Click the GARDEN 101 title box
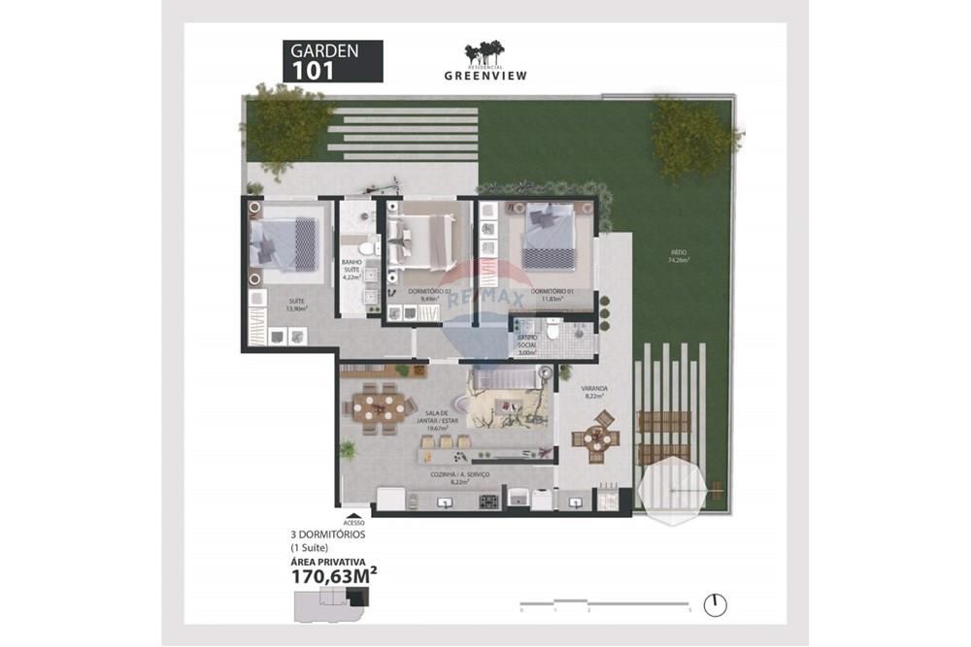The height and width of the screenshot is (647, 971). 331,61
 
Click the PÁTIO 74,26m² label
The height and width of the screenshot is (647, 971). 678,256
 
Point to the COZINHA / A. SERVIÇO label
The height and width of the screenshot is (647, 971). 459,475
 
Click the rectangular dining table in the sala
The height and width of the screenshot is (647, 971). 376,409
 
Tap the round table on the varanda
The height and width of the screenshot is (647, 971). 594,438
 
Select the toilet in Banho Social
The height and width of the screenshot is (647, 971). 552,333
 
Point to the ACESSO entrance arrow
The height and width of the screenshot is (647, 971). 354,517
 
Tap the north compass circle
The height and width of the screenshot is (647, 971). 716,604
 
